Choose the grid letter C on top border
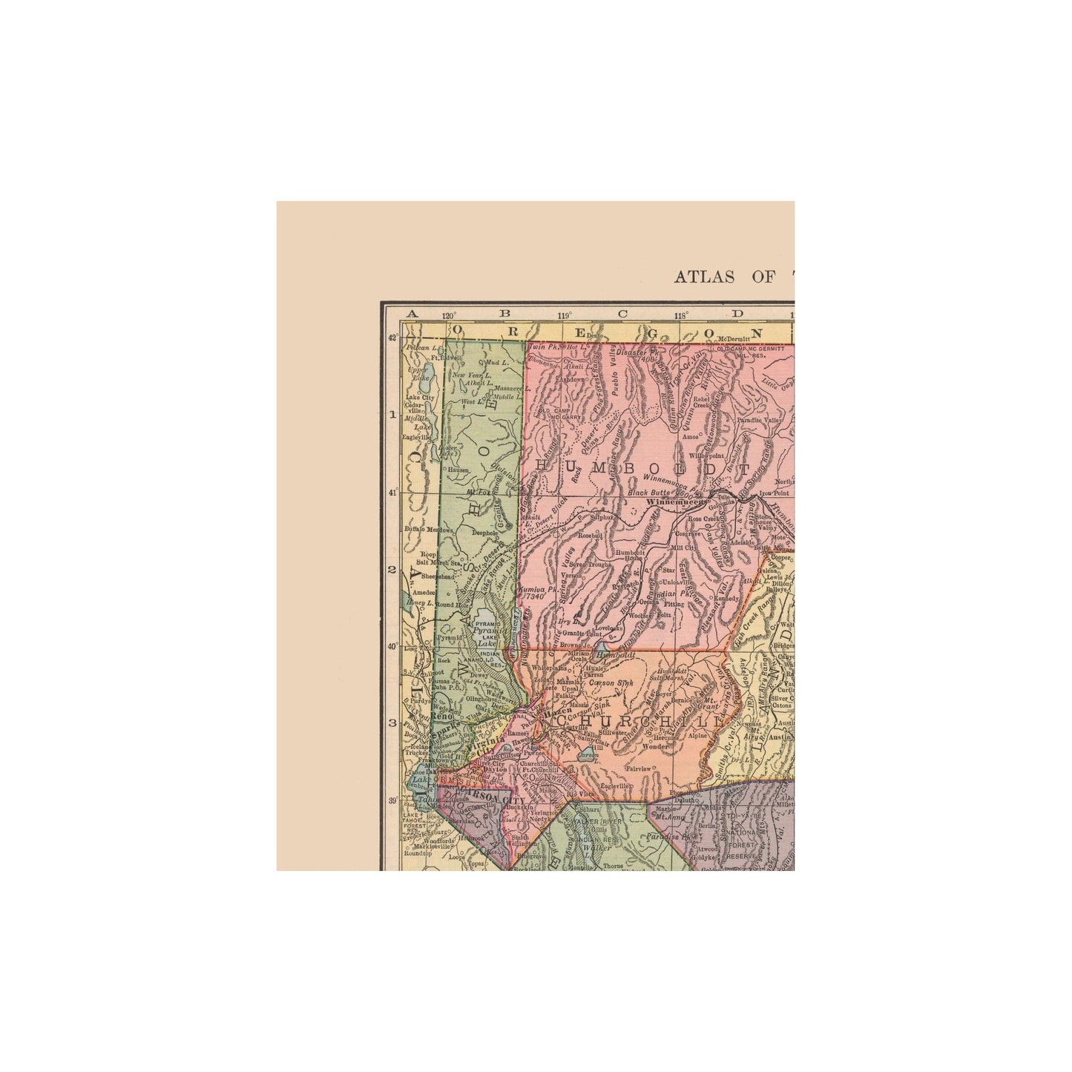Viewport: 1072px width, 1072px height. point(622,314)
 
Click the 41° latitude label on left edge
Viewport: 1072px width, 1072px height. point(393,492)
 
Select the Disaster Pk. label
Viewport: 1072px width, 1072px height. point(637,352)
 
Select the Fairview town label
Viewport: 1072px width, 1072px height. point(638,769)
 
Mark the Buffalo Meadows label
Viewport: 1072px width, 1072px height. point(429,529)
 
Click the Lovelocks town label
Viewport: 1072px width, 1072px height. point(607,628)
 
